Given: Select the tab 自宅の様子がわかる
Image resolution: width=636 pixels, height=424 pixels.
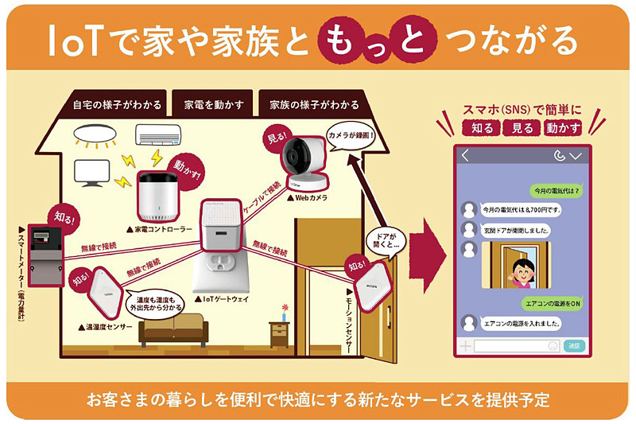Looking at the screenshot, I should coord(117,104).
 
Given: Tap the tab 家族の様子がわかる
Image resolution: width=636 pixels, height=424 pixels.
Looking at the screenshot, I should coord(313,104).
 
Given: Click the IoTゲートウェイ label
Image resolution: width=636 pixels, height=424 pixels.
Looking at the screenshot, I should coord(225,300).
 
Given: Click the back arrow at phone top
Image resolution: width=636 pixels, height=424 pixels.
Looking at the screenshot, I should coord(465,156).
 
